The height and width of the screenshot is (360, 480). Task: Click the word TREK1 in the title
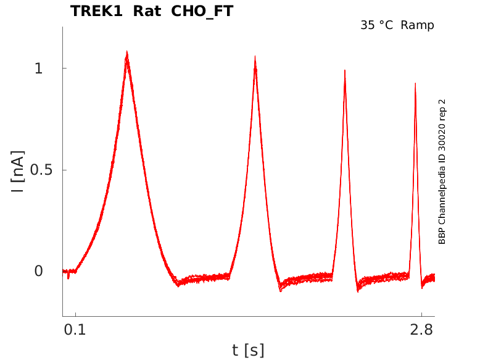(x=96, y=11)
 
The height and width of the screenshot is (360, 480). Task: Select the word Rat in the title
(x=147, y=11)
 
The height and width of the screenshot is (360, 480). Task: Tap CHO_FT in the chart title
(x=202, y=12)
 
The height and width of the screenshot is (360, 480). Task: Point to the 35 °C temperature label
(x=376, y=25)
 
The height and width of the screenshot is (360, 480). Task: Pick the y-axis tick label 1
(x=38, y=68)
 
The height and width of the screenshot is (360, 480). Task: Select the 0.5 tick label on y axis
(x=41, y=170)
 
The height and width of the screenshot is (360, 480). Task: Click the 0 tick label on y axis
(x=39, y=271)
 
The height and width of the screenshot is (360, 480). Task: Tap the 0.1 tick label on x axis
(x=75, y=330)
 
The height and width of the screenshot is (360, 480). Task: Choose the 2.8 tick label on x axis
(x=421, y=330)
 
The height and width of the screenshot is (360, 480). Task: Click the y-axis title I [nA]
(x=18, y=172)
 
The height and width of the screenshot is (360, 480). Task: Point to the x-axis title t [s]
(x=248, y=351)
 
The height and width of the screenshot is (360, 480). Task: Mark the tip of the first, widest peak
(x=126, y=51)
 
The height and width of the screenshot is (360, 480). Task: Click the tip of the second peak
(x=255, y=56)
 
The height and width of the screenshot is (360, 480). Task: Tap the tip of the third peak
(x=345, y=70)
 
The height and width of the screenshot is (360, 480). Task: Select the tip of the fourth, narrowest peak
(x=415, y=83)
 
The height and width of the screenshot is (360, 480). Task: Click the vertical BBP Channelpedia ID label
(x=442, y=172)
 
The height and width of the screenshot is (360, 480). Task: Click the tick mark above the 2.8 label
(x=421, y=315)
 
